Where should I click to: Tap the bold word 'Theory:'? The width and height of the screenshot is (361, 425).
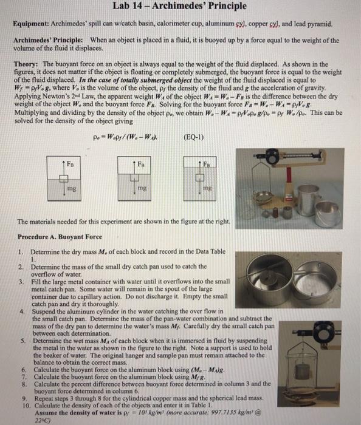(28, 64)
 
